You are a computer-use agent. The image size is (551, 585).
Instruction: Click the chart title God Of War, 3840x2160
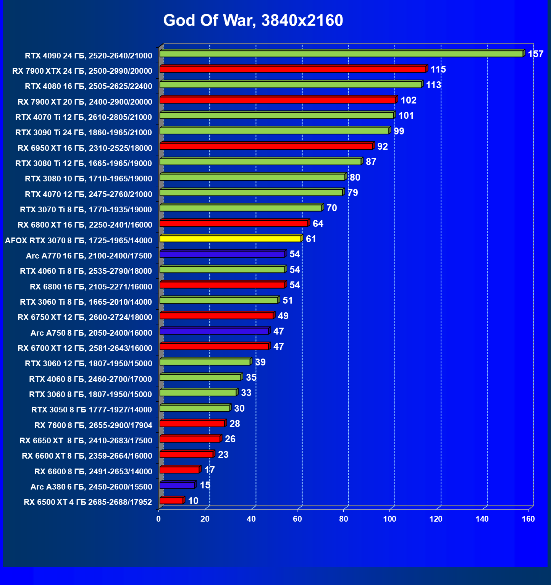[x=253, y=20]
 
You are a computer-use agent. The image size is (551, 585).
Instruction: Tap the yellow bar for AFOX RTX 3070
[x=230, y=239]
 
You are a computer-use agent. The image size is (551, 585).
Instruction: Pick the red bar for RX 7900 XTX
[x=292, y=69]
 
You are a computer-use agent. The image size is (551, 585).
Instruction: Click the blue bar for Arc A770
[x=222, y=254]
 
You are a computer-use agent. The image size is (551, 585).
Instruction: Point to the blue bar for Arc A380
[x=177, y=485]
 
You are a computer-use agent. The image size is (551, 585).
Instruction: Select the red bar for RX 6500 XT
[x=171, y=501]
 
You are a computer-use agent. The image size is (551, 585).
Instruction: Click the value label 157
[x=535, y=54]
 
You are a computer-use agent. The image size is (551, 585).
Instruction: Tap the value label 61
[x=311, y=239]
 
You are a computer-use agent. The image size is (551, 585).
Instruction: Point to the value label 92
[x=382, y=147]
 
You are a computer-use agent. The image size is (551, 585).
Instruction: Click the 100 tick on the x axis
[x=389, y=519]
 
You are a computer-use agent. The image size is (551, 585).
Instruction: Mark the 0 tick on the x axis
[x=158, y=519]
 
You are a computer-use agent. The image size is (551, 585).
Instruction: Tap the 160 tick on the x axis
[x=528, y=519]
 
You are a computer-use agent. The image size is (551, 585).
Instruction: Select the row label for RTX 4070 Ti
[x=84, y=117]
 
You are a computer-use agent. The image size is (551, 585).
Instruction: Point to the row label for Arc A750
[x=91, y=333]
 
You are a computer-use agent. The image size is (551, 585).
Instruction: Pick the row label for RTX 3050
[x=92, y=410]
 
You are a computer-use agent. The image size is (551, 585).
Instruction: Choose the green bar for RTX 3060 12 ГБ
[x=205, y=362]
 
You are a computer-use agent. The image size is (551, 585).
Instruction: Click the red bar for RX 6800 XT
[x=234, y=223]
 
